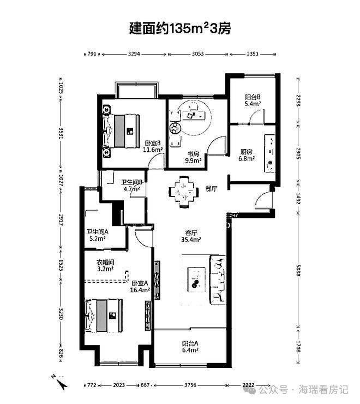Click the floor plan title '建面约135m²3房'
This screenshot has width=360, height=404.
pyautogui.click(x=180, y=28)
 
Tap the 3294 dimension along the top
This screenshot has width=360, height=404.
pyautogui.click(x=134, y=54)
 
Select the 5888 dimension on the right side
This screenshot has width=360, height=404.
pyautogui.click(x=298, y=270)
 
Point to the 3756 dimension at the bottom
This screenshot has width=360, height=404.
pyautogui.click(x=190, y=385)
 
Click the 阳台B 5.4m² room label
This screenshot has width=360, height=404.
pyautogui.click(x=253, y=100)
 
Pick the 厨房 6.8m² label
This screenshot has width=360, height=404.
pyautogui.click(x=247, y=155)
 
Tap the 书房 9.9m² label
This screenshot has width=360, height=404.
pyautogui.click(x=193, y=157)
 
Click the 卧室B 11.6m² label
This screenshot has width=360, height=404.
pyautogui.click(x=153, y=146)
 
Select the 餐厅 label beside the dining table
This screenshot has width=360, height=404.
pyautogui.click(x=211, y=188)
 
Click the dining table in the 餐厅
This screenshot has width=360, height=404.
pyautogui.click(x=184, y=192)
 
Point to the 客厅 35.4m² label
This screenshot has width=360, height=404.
pyautogui.click(x=191, y=236)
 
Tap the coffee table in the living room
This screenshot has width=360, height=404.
pyautogui.click(x=196, y=280)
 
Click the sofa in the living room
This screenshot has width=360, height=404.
pyautogui.click(x=218, y=280)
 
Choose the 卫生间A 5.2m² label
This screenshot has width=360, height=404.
pyautogui.click(x=97, y=235)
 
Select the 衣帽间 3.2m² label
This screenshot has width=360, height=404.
pyautogui.click(x=105, y=266)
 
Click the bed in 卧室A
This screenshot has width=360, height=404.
pyautogui.click(x=104, y=316)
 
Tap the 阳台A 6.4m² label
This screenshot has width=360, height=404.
pyautogui.click(x=190, y=347)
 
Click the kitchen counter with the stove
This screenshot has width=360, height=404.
pyautogui.click(x=269, y=153)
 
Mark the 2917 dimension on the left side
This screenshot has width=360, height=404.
pyautogui.click(x=61, y=220)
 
